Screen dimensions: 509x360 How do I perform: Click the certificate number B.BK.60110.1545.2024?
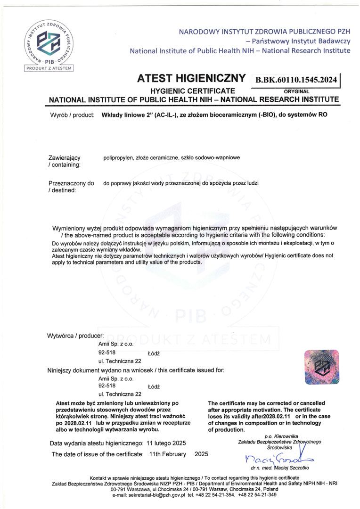[296, 80]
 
